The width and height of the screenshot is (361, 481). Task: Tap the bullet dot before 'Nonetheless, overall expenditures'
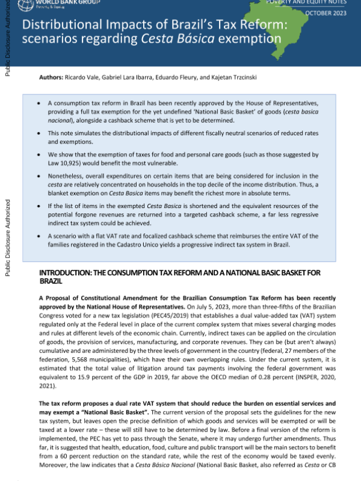click(x=39, y=179)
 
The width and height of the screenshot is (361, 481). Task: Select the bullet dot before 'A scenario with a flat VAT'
click(x=39, y=236)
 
